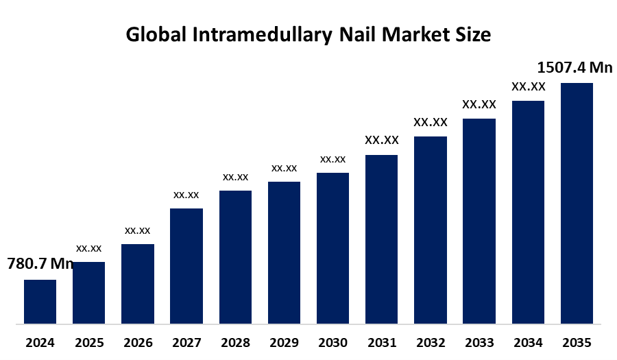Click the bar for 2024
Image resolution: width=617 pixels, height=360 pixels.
pos(40,301)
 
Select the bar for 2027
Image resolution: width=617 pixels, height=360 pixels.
pos(186,265)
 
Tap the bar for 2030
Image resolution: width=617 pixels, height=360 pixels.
pos(332,248)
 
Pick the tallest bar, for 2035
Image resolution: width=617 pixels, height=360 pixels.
pos(577,203)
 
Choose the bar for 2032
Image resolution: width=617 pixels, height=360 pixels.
pos(431,230)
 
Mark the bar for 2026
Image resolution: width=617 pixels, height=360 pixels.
pos(138,283)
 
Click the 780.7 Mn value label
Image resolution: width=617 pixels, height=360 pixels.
pos(40,264)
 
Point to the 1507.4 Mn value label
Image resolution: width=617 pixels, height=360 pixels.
pos(574,67)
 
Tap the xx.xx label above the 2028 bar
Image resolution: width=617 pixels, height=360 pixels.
pos(235,177)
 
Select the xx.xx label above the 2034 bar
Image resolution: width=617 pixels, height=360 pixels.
pos(528,86)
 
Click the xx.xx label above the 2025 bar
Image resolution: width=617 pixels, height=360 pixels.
pos(89,248)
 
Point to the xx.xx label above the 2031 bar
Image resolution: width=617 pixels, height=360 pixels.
pos(382,140)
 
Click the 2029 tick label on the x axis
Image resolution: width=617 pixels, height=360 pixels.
pos(284,342)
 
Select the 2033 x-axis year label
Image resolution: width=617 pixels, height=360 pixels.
pos(479,342)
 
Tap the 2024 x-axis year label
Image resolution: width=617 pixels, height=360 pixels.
pos(40,342)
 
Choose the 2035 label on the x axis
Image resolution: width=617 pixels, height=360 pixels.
pos(577,342)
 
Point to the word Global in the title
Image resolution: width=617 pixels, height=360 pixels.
pos(156,35)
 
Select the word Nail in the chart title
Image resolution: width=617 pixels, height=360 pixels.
pos(354,35)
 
